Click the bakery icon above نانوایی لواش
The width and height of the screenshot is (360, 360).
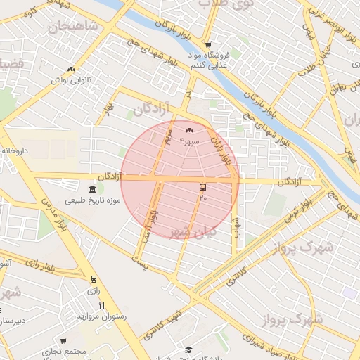click(71, 69)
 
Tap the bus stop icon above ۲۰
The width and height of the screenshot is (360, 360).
click(203, 187)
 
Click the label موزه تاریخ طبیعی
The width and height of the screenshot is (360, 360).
click(94, 201)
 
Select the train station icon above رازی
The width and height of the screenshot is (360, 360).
click(94, 279)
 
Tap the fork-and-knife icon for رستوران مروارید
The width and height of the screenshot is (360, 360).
click(101, 304)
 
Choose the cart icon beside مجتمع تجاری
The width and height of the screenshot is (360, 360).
click(63, 341)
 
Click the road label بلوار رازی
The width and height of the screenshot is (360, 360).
click(43, 266)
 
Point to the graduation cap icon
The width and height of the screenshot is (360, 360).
click(188, 349)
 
